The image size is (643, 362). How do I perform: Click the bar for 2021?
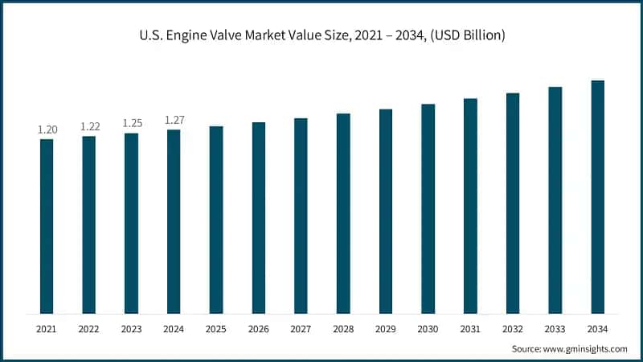47,226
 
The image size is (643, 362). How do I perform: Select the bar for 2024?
174,221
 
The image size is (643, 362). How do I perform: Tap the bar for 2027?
301,216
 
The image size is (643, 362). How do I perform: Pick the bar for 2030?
428,208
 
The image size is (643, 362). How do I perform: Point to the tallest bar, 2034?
597,197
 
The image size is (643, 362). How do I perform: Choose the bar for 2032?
513,203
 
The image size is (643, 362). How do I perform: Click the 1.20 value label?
47,130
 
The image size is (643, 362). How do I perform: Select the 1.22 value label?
89,126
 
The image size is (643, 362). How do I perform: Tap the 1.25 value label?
132,123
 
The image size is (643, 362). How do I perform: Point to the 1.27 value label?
174,120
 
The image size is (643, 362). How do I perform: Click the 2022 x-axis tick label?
89,329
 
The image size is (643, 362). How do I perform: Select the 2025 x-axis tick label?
216,329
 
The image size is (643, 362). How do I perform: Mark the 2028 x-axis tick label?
343,329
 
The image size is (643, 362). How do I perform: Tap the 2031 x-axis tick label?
470,329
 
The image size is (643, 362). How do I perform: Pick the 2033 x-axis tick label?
555,329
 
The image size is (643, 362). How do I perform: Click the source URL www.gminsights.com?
585,348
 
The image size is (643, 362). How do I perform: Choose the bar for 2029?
386,211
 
